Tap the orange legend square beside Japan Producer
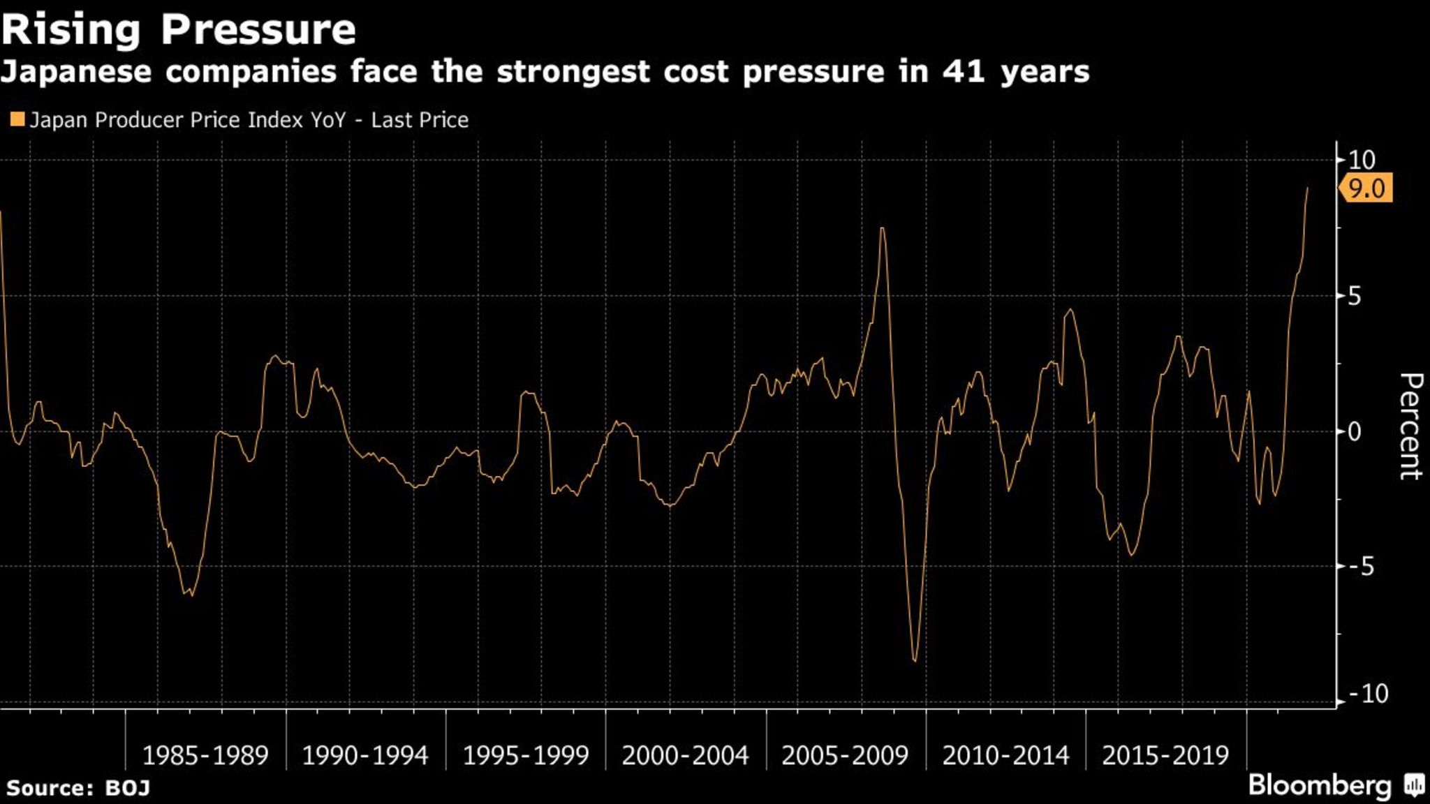tap(17, 119)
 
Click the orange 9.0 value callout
tap(1366, 188)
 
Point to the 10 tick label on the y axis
tap(1361, 160)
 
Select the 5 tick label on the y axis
tap(1355, 296)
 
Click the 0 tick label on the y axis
tap(1355, 432)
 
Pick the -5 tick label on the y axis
tap(1361, 566)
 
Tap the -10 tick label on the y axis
tap(1368, 694)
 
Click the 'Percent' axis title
tap(1410, 426)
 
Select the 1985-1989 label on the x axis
tap(205, 755)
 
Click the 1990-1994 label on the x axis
tap(365, 755)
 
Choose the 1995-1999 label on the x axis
tap(526, 755)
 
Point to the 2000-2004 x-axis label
tap(685, 755)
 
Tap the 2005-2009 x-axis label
tap(845, 755)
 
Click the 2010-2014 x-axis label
tap(1005, 755)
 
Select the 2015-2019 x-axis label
tap(1165, 755)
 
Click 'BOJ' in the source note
tap(127, 788)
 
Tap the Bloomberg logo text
tap(1320, 785)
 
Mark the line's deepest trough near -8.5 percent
tap(915, 660)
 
